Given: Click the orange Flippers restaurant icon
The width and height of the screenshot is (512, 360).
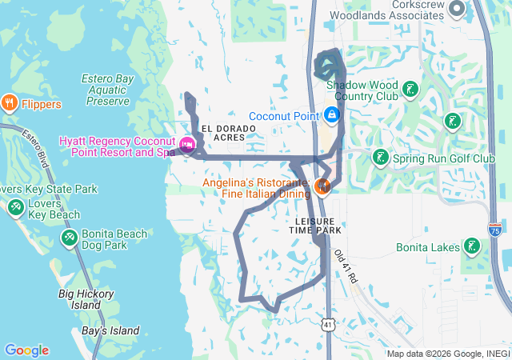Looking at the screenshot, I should point(10,102).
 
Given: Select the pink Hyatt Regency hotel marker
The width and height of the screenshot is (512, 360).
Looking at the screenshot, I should point(187,145).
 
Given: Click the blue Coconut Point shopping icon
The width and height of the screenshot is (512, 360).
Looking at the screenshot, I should point(331,116).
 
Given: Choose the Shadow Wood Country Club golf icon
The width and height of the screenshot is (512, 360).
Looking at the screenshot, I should point(410,88).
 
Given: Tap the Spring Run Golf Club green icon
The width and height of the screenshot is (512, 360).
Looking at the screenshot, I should point(381,157).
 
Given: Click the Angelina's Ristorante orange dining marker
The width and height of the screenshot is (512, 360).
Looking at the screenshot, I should point(322,187).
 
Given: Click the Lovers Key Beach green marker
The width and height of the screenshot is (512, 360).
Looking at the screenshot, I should point(15,208).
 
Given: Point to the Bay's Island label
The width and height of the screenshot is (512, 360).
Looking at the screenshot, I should point(110,330).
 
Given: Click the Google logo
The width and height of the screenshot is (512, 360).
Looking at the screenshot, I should point(26,350).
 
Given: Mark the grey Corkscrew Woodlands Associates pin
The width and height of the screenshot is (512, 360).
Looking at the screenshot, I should point(458,9).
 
